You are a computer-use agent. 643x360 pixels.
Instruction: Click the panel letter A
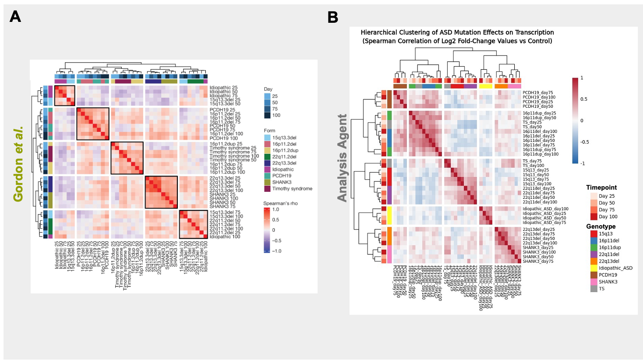(15, 17)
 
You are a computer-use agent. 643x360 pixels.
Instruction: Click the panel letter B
(333, 18)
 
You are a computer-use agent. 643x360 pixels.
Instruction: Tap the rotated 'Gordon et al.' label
(18, 165)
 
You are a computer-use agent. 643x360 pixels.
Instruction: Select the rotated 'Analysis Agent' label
(342, 158)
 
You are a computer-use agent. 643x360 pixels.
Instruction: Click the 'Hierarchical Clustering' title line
(457, 32)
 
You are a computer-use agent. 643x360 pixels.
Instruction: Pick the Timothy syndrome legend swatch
(267, 189)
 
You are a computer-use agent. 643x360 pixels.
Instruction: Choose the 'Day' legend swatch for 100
(267, 116)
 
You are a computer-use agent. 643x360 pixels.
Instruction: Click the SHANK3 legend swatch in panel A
(267, 182)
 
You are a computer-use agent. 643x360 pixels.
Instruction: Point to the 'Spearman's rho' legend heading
(280, 204)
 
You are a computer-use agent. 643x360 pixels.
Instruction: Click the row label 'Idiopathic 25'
(223, 88)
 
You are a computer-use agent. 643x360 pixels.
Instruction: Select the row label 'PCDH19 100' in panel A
(223, 138)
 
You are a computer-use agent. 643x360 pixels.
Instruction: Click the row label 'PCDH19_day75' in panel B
(538, 93)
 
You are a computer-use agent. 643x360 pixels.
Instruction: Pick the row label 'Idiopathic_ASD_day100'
(545, 209)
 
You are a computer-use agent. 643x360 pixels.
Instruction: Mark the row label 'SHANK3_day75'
(538, 261)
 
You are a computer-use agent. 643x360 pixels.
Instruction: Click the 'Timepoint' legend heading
(601, 187)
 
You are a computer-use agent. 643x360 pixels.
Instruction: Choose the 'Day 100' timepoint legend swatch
(594, 217)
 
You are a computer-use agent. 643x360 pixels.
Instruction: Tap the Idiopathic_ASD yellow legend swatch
(594, 268)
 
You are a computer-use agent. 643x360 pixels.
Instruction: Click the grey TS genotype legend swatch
(594, 289)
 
